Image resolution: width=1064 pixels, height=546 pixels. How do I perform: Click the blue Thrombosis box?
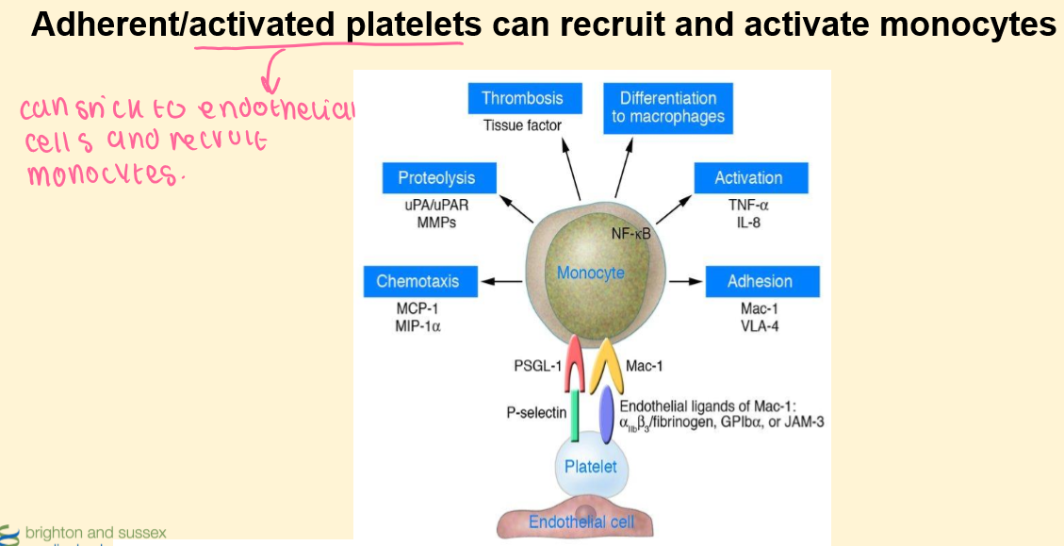tap(523, 98)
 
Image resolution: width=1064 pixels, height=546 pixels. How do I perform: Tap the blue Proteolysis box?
tap(436, 177)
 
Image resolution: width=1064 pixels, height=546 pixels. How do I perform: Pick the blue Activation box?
tap(749, 177)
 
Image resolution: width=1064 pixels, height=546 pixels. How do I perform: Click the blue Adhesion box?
tap(760, 281)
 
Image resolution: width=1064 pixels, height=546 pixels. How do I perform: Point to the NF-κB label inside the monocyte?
tap(631, 234)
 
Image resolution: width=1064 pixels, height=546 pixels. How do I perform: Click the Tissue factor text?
tap(522, 125)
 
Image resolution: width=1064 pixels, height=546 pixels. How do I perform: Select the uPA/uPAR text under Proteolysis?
tap(436, 204)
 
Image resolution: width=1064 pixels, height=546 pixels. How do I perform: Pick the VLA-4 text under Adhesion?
tap(760, 326)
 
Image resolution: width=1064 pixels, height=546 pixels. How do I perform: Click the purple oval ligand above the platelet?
tap(607, 416)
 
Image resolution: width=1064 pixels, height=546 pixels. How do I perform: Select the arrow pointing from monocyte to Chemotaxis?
tap(500, 280)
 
